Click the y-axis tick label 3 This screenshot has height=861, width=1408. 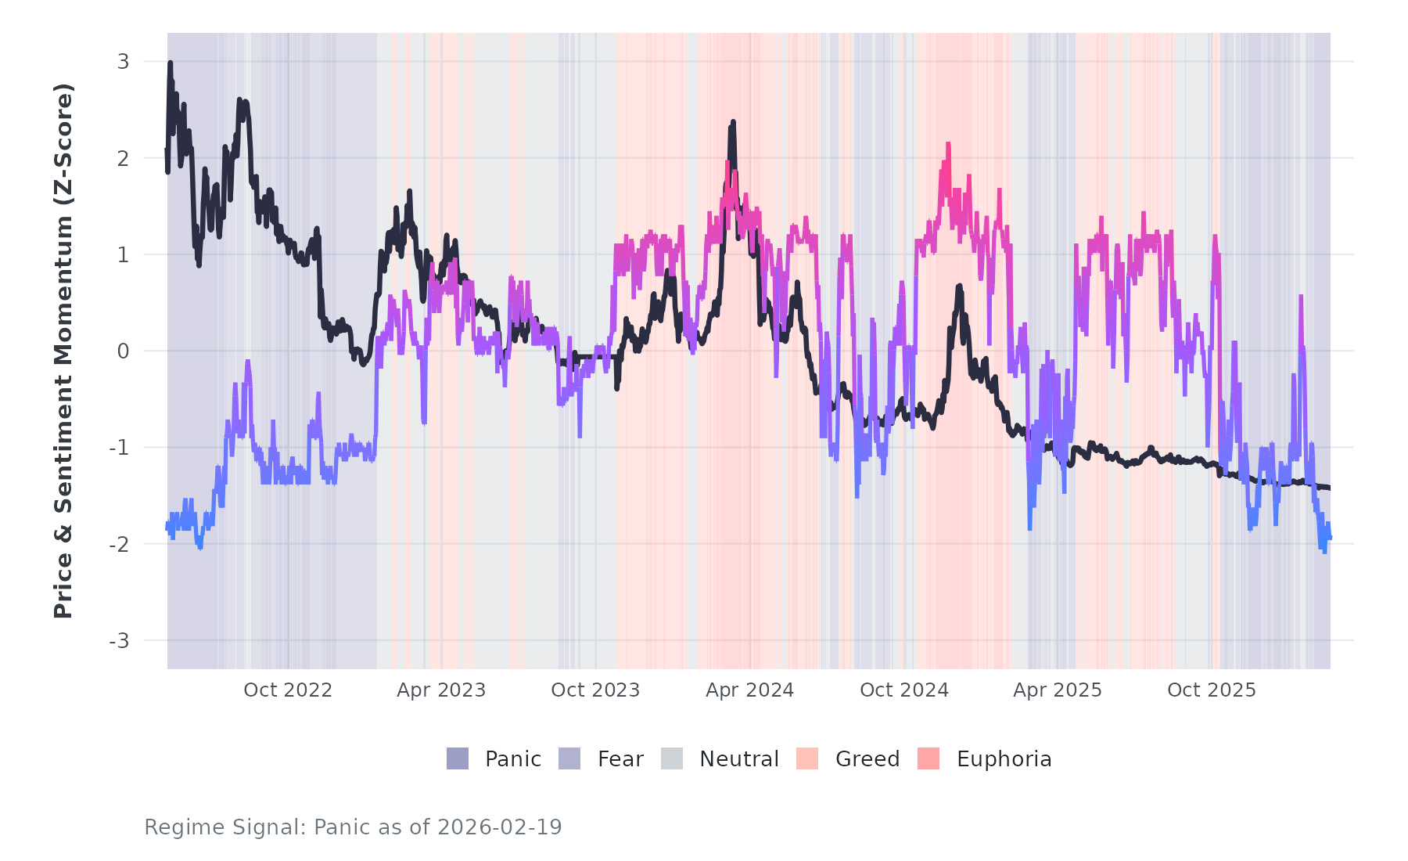point(123,62)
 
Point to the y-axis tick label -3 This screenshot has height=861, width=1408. point(119,641)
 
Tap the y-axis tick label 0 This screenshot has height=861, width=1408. point(123,351)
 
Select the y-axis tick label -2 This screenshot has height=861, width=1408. point(119,545)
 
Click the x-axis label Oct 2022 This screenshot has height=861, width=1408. point(288,690)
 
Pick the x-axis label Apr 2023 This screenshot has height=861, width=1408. point(441,690)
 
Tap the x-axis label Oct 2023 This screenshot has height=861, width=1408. point(595,690)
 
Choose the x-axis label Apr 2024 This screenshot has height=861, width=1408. point(749,690)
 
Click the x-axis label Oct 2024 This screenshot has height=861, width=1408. point(904,690)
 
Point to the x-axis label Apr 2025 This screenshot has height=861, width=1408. point(1058,690)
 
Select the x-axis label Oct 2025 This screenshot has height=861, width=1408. point(1212,690)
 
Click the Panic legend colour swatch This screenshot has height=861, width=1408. point(458,758)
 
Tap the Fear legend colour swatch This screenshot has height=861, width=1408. point(569,758)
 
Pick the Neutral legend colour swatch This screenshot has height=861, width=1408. point(672,758)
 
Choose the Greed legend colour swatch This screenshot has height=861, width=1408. point(807,758)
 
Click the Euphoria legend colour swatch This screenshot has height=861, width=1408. point(928,758)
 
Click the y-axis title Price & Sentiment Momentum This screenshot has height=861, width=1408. point(63,351)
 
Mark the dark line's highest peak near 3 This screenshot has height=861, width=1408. point(170,63)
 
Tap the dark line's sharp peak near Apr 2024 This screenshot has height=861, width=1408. point(733,121)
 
